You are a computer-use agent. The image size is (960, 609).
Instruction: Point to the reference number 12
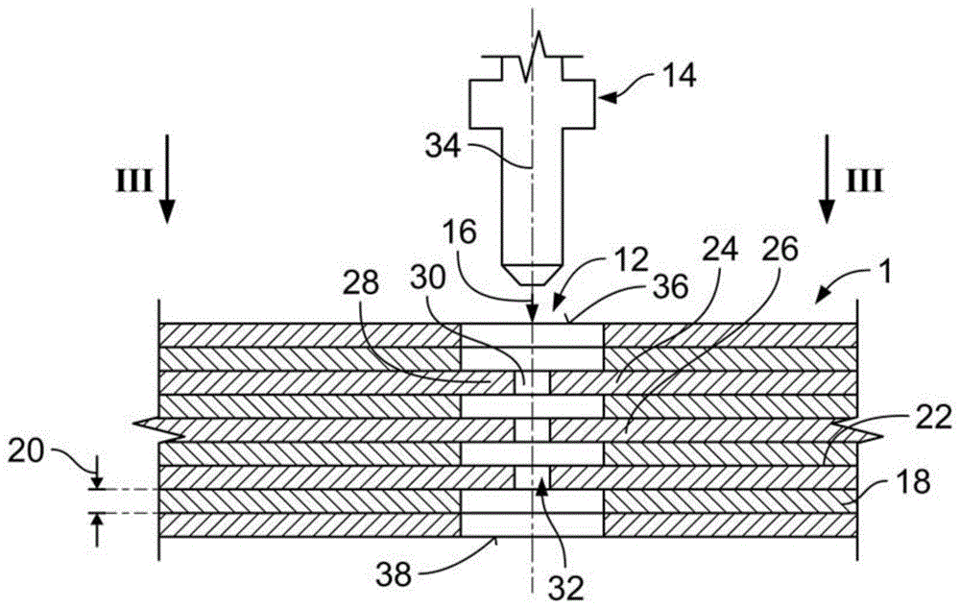tap(632, 260)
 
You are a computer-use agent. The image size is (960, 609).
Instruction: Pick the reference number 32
tap(567, 587)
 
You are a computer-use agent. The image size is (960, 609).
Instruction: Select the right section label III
tap(864, 182)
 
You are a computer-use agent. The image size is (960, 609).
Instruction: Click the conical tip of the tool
tap(533, 275)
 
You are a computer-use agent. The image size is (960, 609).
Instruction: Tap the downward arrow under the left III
tap(167, 179)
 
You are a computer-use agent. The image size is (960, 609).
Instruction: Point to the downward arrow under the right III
tap(828, 179)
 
